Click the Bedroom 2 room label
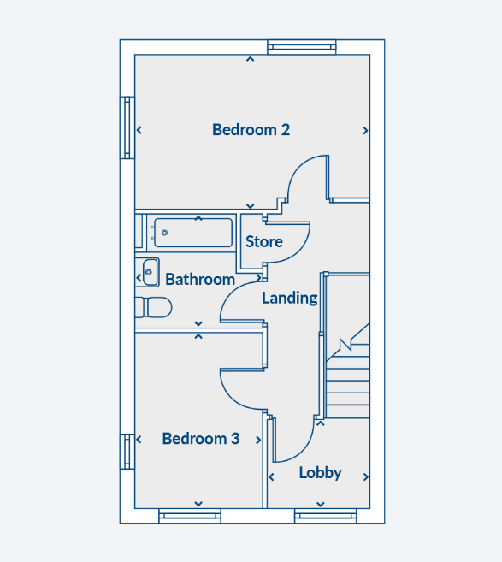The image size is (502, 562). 251,130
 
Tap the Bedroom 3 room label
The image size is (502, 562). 201,439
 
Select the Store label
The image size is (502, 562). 264,242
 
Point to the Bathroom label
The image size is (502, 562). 200,280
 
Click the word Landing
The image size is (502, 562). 290,299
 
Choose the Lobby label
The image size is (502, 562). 321,473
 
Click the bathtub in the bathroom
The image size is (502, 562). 193,233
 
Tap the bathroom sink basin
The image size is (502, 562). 151,272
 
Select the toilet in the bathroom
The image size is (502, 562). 153,308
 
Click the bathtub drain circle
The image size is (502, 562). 164,233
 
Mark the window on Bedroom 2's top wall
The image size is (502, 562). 302,47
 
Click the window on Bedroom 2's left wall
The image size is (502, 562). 127,127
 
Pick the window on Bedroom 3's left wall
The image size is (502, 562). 127,452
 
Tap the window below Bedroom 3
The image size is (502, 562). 190,516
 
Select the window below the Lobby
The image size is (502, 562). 326,516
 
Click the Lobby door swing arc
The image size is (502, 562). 304,451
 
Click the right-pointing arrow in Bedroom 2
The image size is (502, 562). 365,131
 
